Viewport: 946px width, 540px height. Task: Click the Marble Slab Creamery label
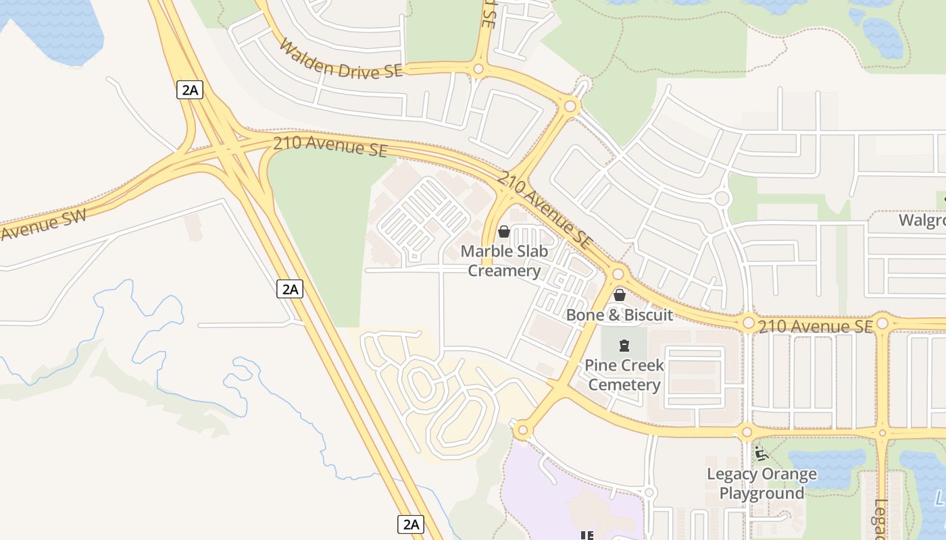point(504,261)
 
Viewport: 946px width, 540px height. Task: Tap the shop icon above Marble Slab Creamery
point(503,232)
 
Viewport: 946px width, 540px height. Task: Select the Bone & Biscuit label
point(619,315)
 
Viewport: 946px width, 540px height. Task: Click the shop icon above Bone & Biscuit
point(619,295)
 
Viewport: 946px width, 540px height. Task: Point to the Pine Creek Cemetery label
point(624,375)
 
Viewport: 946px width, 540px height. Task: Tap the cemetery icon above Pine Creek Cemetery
point(624,346)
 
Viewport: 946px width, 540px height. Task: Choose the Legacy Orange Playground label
point(762,483)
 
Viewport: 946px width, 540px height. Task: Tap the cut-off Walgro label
point(922,221)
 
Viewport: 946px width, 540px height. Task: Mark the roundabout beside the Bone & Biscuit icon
point(617,274)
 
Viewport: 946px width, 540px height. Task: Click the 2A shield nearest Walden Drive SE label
point(190,90)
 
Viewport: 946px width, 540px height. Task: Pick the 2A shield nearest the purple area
point(409,524)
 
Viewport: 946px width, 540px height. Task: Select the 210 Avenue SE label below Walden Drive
point(330,146)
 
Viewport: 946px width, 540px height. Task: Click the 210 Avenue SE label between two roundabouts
point(815,327)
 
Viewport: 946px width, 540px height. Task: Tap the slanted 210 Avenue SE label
point(545,209)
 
